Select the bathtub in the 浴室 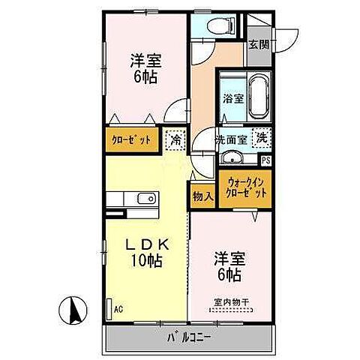[x=258, y=97]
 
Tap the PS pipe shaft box [x=266, y=160]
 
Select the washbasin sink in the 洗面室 [x=232, y=157]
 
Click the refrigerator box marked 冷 [x=175, y=139]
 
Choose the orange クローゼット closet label [x=131, y=140]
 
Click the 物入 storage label [x=202, y=196]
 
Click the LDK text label [x=145, y=245]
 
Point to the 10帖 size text [x=146, y=262]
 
